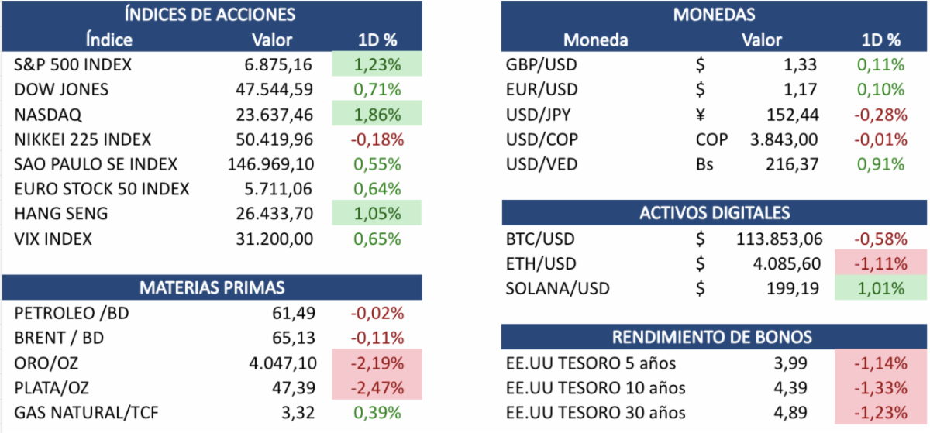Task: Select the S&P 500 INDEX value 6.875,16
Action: point(278,65)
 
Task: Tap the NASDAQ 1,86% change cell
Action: point(377,115)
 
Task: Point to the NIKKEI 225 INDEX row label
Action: point(83,140)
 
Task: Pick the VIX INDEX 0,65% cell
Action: point(377,239)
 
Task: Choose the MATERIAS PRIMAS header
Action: point(211,288)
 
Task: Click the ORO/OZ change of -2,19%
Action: point(377,363)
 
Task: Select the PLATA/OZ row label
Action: point(53,387)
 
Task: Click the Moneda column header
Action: point(595,40)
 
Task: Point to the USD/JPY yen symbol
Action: point(701,115)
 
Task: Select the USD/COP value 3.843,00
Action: point(787,140)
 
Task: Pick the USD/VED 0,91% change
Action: point(882,164)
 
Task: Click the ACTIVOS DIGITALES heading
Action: point(714,213)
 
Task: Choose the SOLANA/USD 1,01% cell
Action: point(882,289)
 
